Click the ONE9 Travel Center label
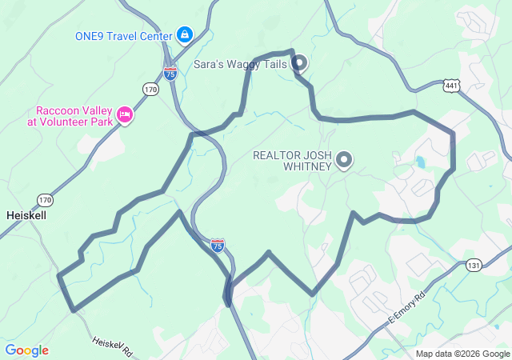(123, 35)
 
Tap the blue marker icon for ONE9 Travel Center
(185, 34)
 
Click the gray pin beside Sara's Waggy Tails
(299, 62)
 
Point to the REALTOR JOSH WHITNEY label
(291, 161)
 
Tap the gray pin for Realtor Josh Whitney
(344, 161)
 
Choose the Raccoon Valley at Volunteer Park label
(73, 117)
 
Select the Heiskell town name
(27, 216)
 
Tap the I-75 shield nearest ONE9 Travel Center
(170, 73)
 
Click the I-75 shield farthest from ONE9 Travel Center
(218, 245)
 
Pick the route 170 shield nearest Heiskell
(44, 199)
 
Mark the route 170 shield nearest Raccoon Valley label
(151, 90)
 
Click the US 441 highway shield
(451, 86)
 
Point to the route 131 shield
(474, 265)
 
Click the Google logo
(26, 350)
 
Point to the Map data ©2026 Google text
(462, 354)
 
